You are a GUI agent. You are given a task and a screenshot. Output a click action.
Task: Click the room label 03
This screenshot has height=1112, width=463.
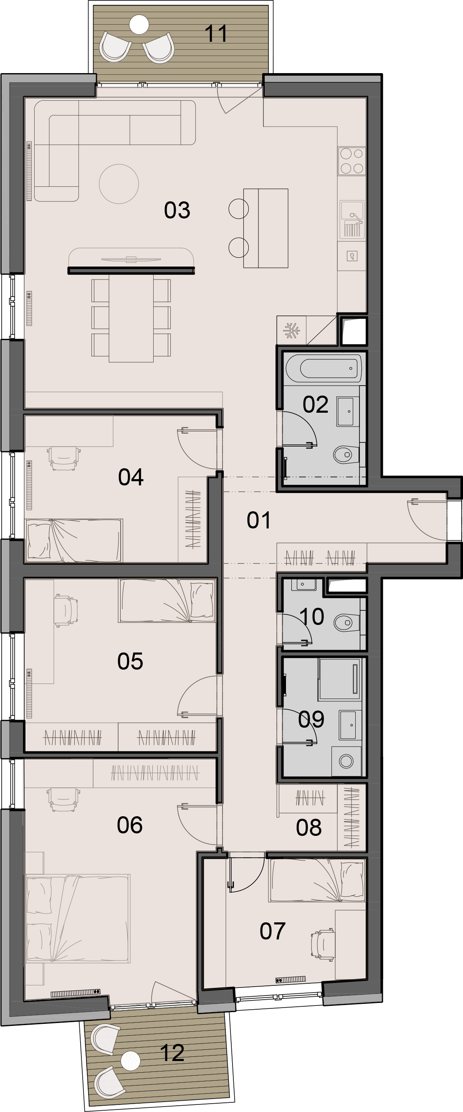(x=177, y=210)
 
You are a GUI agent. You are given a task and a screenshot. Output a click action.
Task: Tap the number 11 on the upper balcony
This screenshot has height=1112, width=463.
(x=216, y=33)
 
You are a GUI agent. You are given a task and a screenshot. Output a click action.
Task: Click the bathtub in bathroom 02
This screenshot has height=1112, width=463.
(x=323, y=368)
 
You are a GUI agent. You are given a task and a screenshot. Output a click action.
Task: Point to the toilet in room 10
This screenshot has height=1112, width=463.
(x=347, y=622)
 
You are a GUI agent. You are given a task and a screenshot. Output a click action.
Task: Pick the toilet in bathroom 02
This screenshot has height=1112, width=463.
(x=347, y=454)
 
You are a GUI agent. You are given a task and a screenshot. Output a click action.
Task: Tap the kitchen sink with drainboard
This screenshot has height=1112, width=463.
(x=352, y=219)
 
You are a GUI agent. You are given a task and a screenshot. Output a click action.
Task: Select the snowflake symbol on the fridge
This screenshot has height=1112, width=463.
(x=291, y=331)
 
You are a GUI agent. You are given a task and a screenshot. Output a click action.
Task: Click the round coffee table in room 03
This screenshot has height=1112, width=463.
(x=119, y=184)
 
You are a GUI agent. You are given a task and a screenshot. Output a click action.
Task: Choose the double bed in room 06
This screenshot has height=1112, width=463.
(x=78, y=918)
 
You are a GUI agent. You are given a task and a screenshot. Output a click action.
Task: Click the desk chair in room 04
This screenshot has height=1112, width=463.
(x=64, y=458)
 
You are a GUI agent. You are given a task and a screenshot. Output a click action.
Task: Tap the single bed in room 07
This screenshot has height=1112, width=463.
(x=317, y=880)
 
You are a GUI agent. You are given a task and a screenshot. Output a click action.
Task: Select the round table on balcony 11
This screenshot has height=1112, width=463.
(x=139, y=25)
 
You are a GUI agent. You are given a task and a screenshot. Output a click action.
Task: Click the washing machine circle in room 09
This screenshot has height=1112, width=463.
(x=346, y=761)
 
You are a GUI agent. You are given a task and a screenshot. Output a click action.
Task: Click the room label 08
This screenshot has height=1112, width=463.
(x=309, y=828)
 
